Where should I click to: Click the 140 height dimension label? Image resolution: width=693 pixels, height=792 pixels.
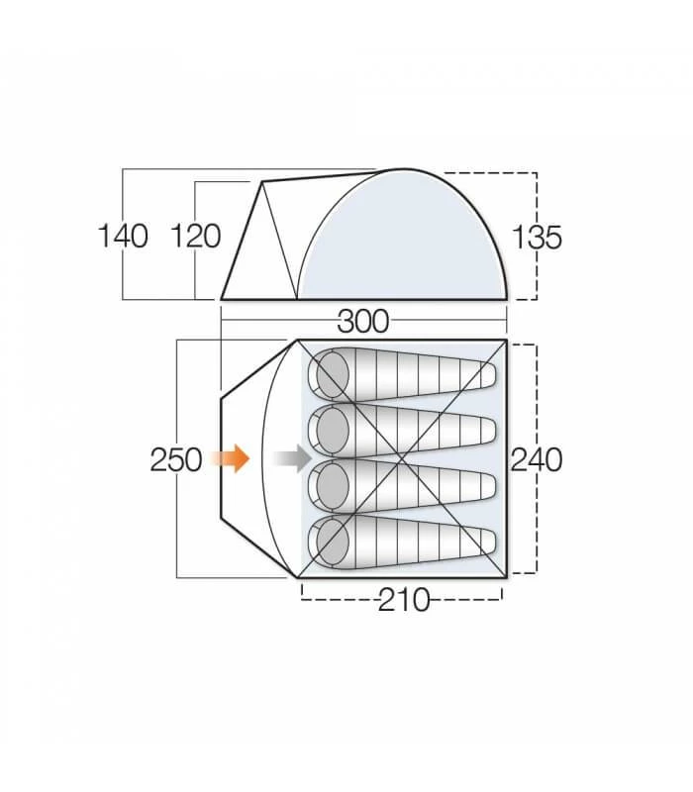[x=123, y=237]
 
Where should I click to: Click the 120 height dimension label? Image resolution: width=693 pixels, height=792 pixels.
[x=195, y=237]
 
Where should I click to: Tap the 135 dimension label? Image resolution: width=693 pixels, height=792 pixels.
[x=538, y=237]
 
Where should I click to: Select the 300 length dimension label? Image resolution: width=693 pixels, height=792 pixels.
[x=363, y=321]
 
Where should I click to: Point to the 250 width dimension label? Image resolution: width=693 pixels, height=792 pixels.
[x=176, y=459]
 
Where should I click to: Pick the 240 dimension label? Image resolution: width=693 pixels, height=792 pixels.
[x=538, y=459]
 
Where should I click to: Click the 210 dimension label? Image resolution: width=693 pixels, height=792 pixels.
[x=404, y=599]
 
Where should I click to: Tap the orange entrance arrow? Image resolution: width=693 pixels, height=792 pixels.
[x=234, y=458]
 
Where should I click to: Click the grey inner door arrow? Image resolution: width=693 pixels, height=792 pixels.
[x=290, y=458]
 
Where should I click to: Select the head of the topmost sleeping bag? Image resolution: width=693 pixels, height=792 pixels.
[x=331, y=375]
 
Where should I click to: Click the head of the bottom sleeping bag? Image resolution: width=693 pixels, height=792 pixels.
[x=331, y=541]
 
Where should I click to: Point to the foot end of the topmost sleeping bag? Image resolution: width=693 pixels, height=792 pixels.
[x=485, y=375]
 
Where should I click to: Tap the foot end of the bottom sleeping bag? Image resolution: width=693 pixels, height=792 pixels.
[x=485, y=541]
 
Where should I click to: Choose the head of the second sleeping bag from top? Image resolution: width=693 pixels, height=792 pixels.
[x=331, y=430]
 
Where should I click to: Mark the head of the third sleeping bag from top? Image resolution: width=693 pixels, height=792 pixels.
[x=331, y=485]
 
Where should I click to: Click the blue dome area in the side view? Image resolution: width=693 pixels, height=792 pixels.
[x=406, y=247]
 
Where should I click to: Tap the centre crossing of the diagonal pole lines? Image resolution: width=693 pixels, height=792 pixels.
[x=403, y=458]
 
